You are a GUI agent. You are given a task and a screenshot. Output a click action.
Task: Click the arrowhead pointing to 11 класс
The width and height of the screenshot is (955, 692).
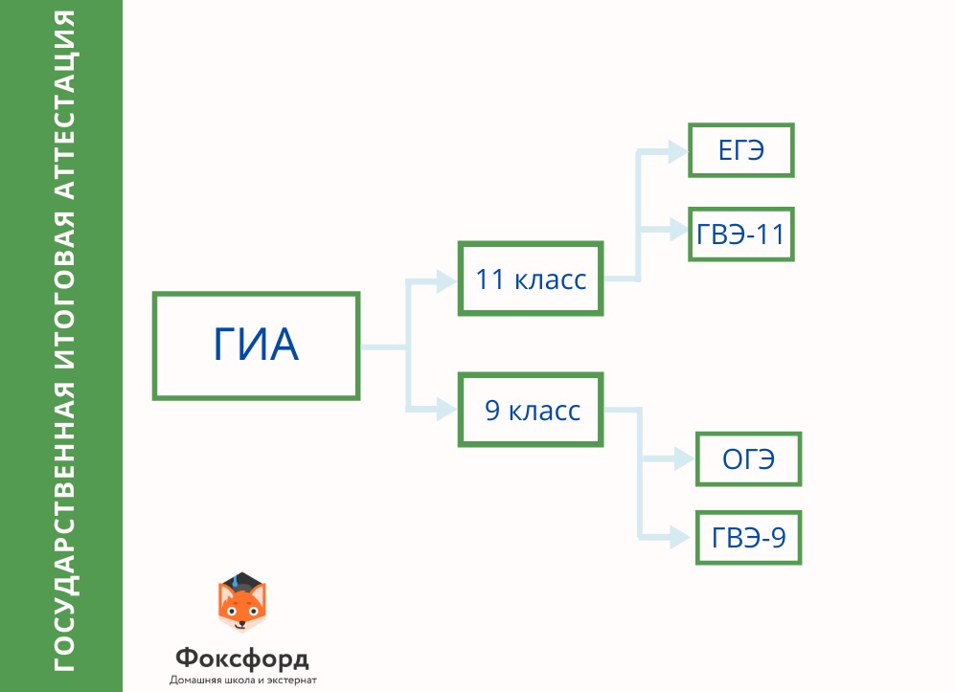click(446, 281)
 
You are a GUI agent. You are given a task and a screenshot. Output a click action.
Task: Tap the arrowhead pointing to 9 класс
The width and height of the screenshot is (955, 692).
click(446, 409)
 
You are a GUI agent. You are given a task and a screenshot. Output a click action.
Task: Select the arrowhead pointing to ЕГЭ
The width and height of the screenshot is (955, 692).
click(678, 151)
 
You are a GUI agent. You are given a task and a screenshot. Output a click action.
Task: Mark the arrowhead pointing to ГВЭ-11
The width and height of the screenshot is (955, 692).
click(678, 230)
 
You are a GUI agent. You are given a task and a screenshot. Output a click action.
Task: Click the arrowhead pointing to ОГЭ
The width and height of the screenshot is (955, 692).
click(684, 458)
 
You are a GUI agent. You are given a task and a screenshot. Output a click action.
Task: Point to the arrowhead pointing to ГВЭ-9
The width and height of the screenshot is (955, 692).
click(680, 537)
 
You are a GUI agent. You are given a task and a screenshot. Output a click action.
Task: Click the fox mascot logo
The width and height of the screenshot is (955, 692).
click(241, 602)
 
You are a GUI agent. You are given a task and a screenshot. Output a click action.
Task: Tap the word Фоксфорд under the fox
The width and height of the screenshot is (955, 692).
click(242, 658)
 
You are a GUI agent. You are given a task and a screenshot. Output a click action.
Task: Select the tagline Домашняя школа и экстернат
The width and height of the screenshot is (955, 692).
click(243, 680)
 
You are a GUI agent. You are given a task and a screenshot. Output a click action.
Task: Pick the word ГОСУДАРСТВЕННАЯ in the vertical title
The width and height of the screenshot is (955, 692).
click(64, 526)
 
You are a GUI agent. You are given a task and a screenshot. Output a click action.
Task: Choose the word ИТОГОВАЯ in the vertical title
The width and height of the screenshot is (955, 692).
click(64, 291)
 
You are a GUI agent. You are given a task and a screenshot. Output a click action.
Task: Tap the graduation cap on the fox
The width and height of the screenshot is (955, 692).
click(241, 581)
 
